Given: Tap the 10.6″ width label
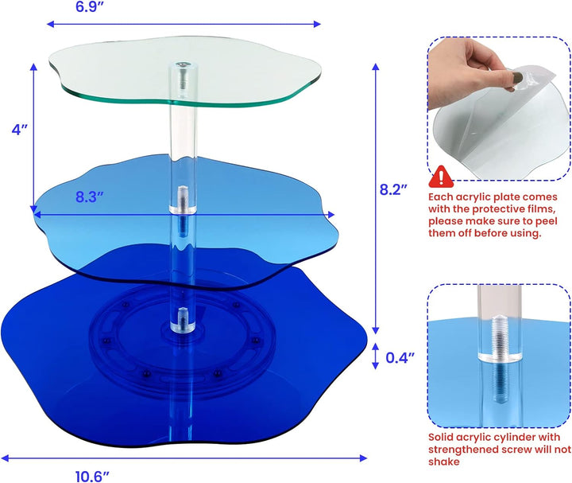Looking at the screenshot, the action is [x=92, y=477].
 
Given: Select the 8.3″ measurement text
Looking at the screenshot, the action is [x=90, y=197].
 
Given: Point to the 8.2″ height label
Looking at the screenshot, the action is [x=393, y=189].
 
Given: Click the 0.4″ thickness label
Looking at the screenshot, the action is [x=400, y=358].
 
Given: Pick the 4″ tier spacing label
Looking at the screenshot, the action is [x=19, y=130].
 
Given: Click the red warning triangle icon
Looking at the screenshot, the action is [x=441, y=177].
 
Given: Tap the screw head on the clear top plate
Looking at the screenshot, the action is [x=182, y=65].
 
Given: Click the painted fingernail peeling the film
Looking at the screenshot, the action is [x=517, y=77].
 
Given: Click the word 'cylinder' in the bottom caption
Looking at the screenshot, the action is [x=508, y=438].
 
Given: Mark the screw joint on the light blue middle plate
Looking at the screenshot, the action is [x=183, y=200].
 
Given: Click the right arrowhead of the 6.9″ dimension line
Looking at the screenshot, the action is [x=317, y=24].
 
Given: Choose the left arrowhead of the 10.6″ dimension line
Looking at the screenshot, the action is [x=5, y=458].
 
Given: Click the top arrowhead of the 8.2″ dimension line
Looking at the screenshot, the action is [x=376, y=67].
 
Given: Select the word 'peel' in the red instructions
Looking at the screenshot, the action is [x=547, y=221].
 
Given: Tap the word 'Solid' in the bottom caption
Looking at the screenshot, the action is [x=441, y=438].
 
